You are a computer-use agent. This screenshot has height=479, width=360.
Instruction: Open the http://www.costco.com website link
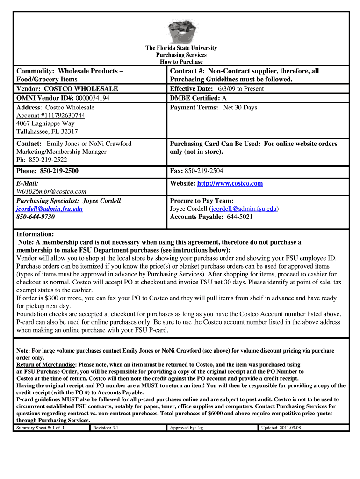(x=230, y=184)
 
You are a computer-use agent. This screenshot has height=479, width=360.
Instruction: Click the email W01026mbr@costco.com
(x=51, y=191)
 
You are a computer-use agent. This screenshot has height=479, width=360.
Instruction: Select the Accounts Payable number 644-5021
(x=240, y=217)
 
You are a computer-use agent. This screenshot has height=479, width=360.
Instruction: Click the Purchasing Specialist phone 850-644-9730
(x=36, y=217)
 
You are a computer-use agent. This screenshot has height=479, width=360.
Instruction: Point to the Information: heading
(x=35, y=234)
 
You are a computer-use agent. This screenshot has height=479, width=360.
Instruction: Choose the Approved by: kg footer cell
(x=186, y=428)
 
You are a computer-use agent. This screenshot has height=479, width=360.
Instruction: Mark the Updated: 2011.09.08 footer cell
(x=281, y=428)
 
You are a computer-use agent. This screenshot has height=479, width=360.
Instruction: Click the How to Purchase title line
(x=181, y=62)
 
